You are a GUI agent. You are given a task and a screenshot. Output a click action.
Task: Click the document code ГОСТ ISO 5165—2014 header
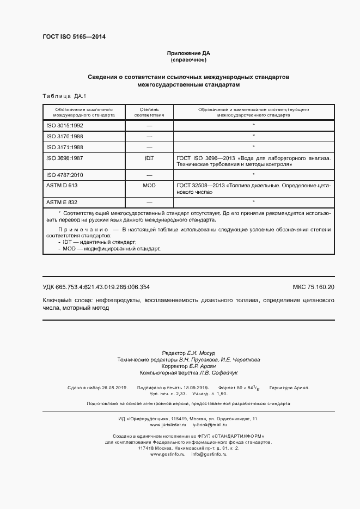coord(74,37)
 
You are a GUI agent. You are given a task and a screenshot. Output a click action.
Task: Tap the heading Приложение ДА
coord(188,53)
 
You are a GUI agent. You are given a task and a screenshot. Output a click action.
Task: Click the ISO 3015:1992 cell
coord(65,125)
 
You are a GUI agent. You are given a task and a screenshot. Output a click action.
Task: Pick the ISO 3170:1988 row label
coord(65,136)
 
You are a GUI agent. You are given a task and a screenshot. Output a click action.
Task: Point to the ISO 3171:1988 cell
coord(65,147)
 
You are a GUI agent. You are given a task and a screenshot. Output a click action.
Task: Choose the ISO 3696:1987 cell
coord(65,158)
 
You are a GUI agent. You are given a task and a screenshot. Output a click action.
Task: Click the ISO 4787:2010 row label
coord(65,175)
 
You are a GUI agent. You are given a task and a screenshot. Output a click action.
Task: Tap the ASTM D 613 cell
coord(63,186)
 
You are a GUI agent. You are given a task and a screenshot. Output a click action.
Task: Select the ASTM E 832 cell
coord(63,202)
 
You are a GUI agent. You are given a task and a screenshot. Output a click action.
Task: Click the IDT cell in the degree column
coord(149,158)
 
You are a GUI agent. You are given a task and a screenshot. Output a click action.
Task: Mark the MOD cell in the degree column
coord(149,186)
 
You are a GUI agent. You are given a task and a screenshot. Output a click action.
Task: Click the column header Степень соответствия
coord(149,113)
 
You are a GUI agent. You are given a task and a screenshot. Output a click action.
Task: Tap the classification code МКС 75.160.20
coord(314,287)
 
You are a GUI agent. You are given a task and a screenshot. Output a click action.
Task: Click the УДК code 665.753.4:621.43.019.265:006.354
coord(96,287)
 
